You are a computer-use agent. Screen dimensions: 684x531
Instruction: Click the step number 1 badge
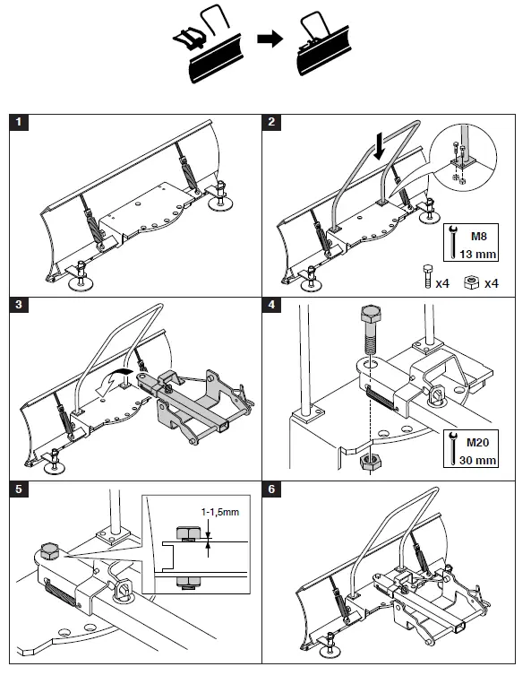(x=21, y=123)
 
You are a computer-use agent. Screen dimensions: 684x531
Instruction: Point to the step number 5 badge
(x=21, y=489)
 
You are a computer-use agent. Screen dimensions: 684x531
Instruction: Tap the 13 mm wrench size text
(x=477, y=254)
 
